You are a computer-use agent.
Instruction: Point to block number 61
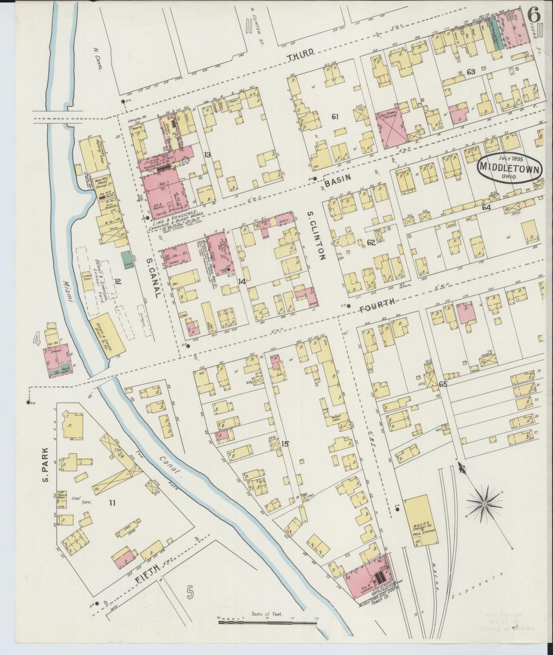[x=335, y=117]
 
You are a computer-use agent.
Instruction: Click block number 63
[x=471, y=72]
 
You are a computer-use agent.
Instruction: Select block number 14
[x=241, y=282]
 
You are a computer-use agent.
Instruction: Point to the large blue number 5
[x=190, y=603]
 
